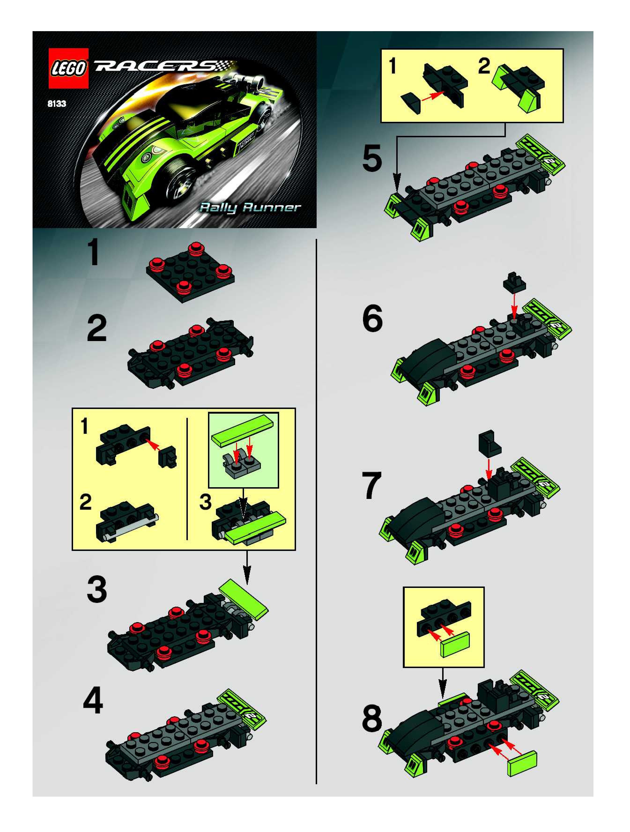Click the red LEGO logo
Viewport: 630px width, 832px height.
point(68,68)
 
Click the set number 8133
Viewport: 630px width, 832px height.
point(57,104)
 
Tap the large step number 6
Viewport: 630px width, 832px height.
point(372,319)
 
